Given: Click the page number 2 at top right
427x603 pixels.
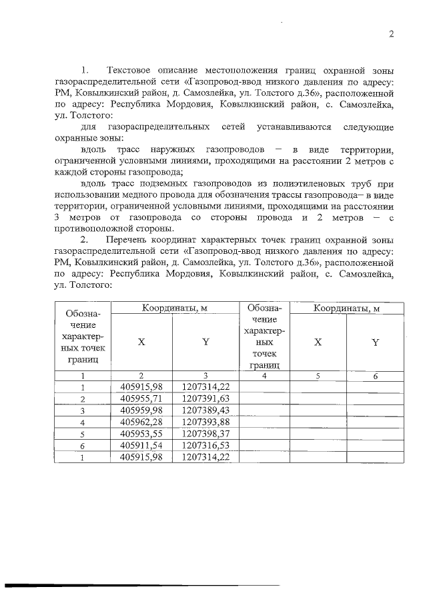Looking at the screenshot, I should click(x=392, y=34).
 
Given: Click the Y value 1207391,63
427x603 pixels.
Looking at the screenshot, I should click(x=205, y=398).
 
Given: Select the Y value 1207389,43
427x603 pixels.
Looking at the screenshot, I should click(x=205, y=410).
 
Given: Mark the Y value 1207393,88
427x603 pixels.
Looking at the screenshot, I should click(x=205, y=422).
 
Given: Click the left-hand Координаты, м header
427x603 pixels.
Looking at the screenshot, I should click(x=174, y=308).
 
